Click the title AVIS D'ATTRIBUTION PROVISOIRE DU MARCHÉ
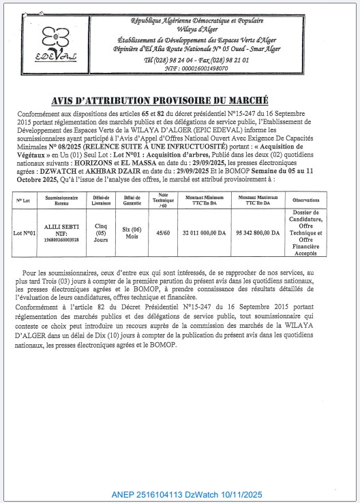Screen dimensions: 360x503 [179, 99]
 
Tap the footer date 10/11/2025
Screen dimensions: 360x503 [237, 494]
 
